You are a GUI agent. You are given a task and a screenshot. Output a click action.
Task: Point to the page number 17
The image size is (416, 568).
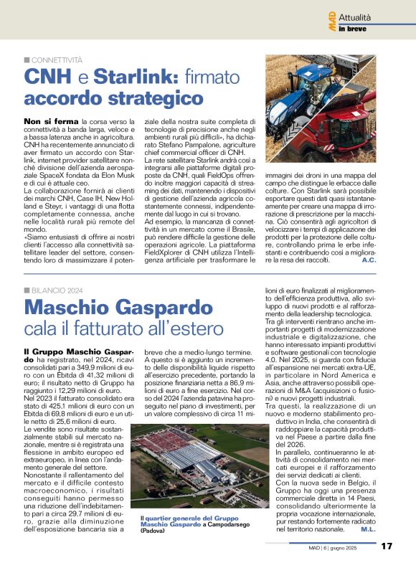click(387, 546)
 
